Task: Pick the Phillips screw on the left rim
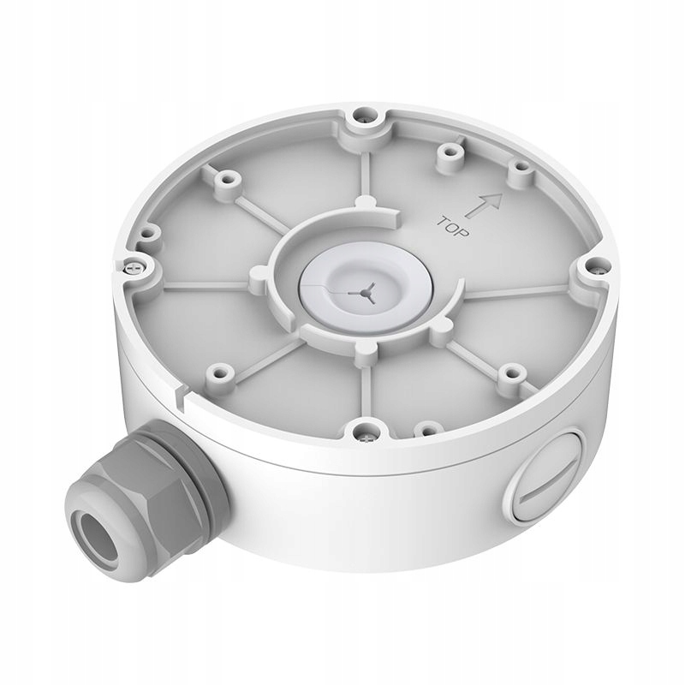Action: click(131, 266)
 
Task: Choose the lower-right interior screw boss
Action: click(510, 372)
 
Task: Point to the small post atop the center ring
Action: click(366, 203)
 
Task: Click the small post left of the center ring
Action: click(256, 277)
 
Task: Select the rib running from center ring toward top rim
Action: click(366, 171)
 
